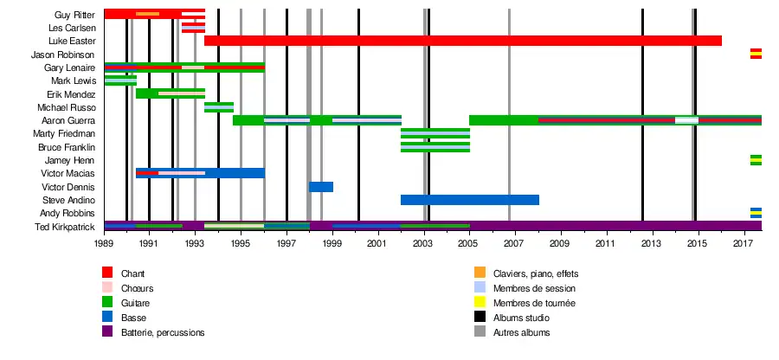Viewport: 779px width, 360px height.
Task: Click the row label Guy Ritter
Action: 74,15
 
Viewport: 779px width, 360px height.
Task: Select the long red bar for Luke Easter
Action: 462,41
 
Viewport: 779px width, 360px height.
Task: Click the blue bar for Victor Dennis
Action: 321,187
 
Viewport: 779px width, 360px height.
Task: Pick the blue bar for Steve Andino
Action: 469,200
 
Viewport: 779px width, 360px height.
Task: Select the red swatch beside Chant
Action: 107,273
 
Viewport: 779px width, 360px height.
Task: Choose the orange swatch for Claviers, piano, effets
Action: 480,273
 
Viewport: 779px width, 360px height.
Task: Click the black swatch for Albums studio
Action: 480,318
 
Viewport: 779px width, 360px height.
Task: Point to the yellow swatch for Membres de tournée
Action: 480,303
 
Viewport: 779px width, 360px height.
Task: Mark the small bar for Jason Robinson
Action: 756,54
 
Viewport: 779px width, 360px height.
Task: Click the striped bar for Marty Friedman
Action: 435,134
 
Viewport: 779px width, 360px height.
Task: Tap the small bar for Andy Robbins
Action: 756,213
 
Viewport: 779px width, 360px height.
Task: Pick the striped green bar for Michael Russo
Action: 218,107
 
